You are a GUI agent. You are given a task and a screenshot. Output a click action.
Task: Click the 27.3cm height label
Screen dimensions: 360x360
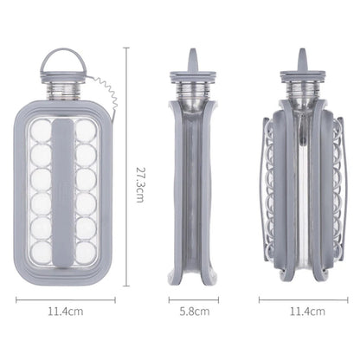tap(139, 184)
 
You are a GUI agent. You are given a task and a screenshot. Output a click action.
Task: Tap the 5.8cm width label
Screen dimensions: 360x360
tap(195, 312)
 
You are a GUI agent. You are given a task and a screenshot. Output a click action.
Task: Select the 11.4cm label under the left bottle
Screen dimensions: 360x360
tap(66, 312)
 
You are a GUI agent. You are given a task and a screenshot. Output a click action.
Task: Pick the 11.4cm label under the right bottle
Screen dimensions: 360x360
tap(307, 312)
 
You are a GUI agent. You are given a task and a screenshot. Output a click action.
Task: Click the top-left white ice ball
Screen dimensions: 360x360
tap(41, 131)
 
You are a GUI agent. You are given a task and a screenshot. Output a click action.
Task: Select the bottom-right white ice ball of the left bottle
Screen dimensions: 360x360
tap(86, 252)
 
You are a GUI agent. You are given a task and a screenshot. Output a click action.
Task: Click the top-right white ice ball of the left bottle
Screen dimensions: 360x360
tap(86, 131)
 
